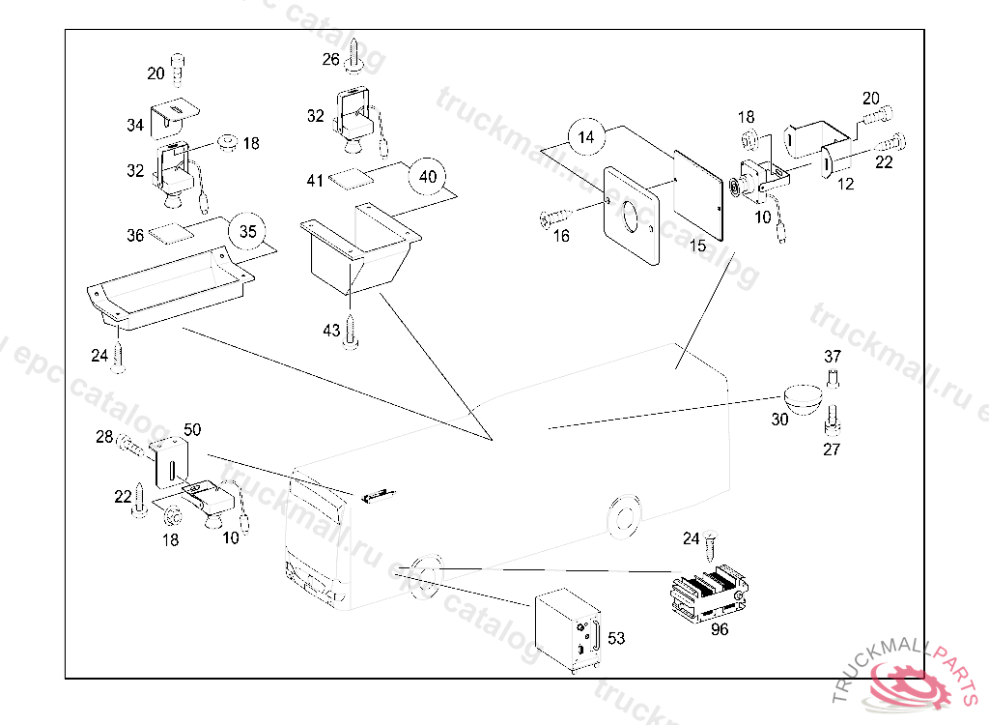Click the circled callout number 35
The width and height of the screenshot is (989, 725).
click(x=248, y=232)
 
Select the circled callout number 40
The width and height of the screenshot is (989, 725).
click(x=428, y=177)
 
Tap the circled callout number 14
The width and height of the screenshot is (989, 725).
click(x=586, y=137)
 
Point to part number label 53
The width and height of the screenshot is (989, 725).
click(x=616, y=638)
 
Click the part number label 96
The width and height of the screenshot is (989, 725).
click(x=719, y=629)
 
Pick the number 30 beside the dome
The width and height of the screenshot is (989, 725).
click(x=779, y=420)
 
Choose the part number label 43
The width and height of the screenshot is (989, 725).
click(x=331, y=331)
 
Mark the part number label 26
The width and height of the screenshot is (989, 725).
click(x=331, y=59)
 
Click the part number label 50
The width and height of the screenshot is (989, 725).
click(x=192, y=428)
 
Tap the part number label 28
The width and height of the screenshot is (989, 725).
click(x=104, y=438)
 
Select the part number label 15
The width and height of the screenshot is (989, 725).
click(x=698, y=246)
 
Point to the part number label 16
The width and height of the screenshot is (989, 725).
click(x=561, y=235)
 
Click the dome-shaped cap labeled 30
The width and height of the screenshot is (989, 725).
click(x=803, y=398)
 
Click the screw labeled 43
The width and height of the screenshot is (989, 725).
click(x=353, y=329)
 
